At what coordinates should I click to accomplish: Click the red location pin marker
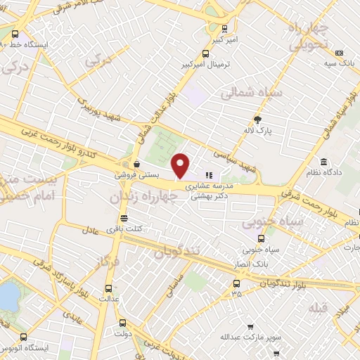tap(181, 166)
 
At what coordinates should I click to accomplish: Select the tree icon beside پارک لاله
tap(257, 119)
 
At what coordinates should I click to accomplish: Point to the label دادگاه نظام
tap(323, 172)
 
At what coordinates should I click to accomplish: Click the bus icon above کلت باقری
tap(124, 218)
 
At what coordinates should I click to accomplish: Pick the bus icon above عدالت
tap(108, 288)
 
